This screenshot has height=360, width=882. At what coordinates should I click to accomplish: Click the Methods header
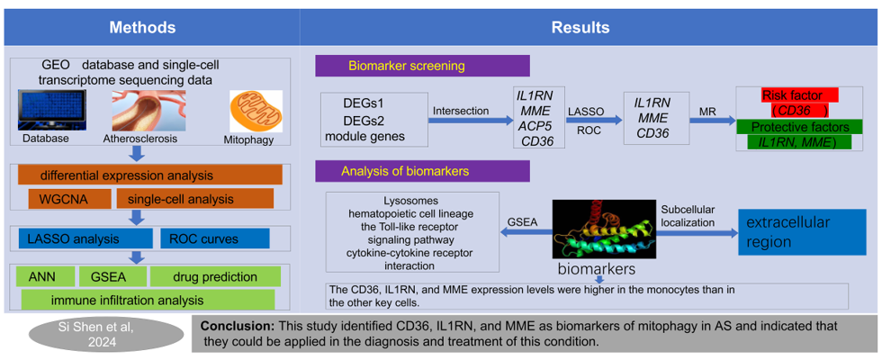[x=149, y=27]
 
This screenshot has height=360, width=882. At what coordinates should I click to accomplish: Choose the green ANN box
[x=43, y=276]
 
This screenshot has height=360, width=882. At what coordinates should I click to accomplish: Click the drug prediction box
[x=215, y=276]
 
